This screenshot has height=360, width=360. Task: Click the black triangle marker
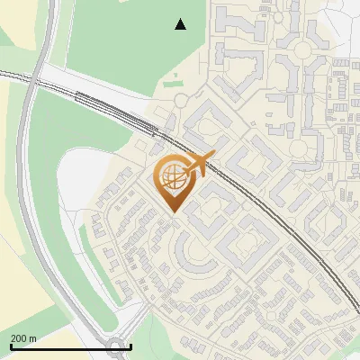[x=180, y=24]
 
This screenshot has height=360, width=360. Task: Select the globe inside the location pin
[x=171, y=177]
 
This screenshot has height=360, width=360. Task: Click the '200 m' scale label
[x=23, y=338]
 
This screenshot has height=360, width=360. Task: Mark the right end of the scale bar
[x=131, y=346]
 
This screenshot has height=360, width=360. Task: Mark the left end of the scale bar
[x=10, y=346]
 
